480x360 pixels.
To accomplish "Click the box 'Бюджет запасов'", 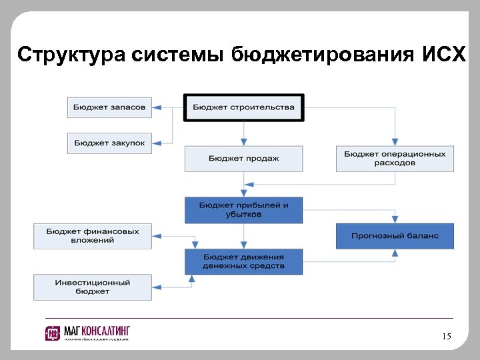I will (x=109, y=107).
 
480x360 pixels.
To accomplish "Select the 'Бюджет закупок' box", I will (x=109, y=143).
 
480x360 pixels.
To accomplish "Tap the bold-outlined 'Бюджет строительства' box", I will (x=243, y=107).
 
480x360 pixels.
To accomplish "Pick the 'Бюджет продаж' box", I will (x=243, y=159).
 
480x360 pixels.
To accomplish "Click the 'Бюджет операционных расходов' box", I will (x=395, y=159).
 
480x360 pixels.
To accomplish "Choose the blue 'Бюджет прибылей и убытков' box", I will (x=243, y=210).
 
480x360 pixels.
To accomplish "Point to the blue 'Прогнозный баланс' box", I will (x=395, y=236).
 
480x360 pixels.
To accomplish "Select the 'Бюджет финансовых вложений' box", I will (x=93, y=236).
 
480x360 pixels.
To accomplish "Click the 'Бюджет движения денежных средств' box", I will (x=243, y=261).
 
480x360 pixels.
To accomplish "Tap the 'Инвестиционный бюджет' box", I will (x=93, y=287).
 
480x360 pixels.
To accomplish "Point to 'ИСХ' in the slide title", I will (x=444, y=54).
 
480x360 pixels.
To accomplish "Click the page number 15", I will (x=446, y=337).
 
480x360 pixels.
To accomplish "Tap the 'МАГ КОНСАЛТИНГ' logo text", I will (x=97, y=331).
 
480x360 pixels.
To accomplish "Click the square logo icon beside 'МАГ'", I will (x=53, y=333).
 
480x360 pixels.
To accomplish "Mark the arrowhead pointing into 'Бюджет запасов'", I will (x=157, y=107).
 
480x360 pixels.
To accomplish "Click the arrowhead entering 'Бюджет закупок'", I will (x=157, y=143).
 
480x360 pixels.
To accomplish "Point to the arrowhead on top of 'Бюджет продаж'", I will (x=244, y=141).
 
